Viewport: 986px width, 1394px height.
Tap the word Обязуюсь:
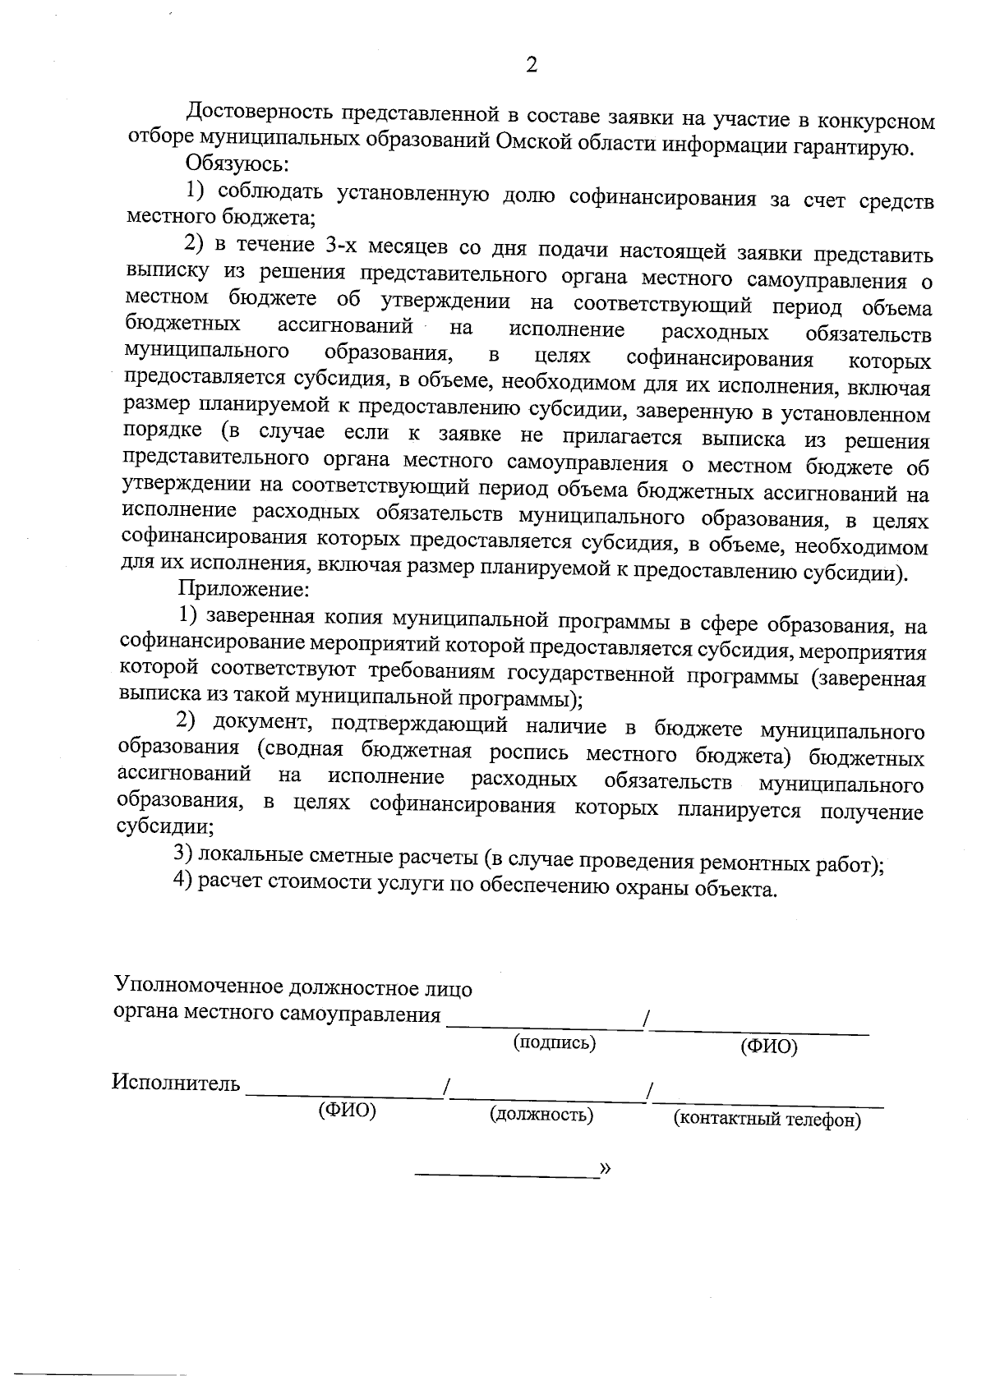[x=237, y=163]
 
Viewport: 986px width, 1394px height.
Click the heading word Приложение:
[x=243, y=588]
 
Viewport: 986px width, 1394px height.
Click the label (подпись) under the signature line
[x=554, y=1042]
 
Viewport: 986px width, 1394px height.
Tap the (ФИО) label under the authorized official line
[x=769, y=1047]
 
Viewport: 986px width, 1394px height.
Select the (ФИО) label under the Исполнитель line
[x=347, y=1111]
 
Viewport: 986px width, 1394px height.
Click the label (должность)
[x=541, y=1115]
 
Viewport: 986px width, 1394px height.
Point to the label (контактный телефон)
[x=767, y=1120]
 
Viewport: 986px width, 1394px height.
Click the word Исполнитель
[x=176, y=1083]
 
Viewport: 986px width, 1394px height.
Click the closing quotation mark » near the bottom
[x=606, y=1168]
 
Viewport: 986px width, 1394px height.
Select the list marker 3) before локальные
[x=183, y=853]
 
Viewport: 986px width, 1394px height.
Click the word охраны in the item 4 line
[x=657, y=887]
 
